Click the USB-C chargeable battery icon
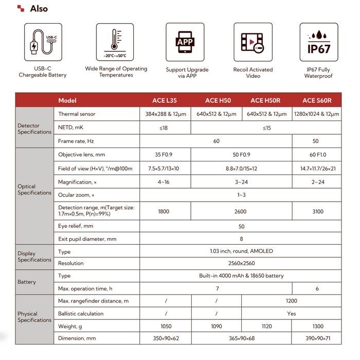click(43, 42)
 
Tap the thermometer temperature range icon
click(116, 42)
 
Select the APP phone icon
click(184, 42)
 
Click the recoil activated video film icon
click(253, 42)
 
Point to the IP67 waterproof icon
click(318, 42)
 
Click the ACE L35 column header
click(165, 100)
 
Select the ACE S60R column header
click(316, 100)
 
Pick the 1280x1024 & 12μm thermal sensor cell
click(316, 114)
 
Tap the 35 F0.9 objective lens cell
click(165, 154)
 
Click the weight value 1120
click(266, 326)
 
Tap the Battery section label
click(27, 282)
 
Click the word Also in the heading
click(39, 8)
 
